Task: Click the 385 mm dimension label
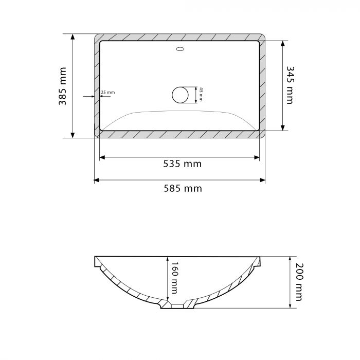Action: pos(62,86)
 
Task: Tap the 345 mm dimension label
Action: pos(290,85)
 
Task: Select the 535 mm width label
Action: pos(182,164)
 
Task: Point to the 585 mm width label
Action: pos(183,189)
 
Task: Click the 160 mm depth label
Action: pos(174,278)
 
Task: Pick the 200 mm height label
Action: pos(299,282)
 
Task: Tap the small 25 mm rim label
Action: pos(107,92)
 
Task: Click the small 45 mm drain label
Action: pos(201,94)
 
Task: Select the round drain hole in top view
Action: pos(180,95)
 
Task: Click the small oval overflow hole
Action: pos(180,49)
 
